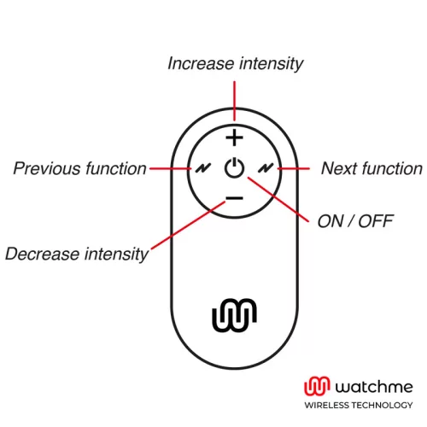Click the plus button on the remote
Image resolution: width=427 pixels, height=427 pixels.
pyautogui.click(x=234, y=137)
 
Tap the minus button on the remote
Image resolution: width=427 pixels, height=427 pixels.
pyautogui.click(x=234, y=198)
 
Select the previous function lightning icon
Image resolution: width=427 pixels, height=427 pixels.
pyautogui.click(x=203, y=168)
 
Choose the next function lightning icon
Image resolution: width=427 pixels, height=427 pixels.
pyautogui.click(x=266, y=168)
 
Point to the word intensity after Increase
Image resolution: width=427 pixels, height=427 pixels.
pyautogui.click(x=272, y=64)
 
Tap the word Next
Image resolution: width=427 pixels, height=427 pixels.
pyautogui.click(x=339, y=168)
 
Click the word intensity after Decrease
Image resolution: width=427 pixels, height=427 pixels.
pyautogui.click(x=116, y=254)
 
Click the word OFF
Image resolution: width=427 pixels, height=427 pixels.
pyautogui.click(x=376, y=221)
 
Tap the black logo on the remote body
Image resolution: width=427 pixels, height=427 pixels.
pyautogui.click(x=234, y=315)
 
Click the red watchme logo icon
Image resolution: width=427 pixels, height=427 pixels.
pyautogui.click(x=317, y=386)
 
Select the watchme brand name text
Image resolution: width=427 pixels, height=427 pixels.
pyautogui.click(x=374, y=387)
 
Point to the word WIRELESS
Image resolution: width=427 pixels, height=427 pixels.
pyautogui.click(x=326, y=405)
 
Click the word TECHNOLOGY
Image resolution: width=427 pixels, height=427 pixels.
pyautogui.click(x=382, y=405)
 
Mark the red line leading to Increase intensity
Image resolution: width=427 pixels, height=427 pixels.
pyautogui.click(x=234, y=101)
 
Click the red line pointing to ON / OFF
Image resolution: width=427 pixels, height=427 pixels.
pyautogui.click(x=278, y=199)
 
